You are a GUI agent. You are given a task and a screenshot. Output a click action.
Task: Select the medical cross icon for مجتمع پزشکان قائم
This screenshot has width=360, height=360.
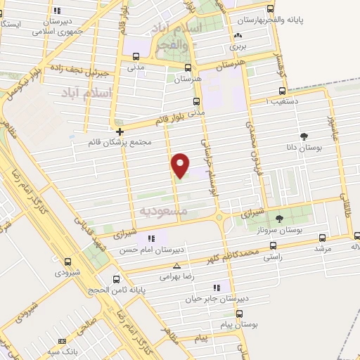point(120,131)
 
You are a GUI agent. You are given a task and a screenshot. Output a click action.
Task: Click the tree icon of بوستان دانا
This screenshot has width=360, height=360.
point(304,136)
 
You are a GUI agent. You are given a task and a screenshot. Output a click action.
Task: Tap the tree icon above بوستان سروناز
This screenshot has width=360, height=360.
point(280,219)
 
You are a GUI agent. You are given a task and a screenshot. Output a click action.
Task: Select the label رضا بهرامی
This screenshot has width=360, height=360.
point(176,276)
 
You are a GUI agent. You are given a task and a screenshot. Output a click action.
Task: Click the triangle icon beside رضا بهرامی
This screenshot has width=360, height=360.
point(176,266)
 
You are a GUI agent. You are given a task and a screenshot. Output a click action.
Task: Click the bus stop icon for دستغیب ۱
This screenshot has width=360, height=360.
point(282,91)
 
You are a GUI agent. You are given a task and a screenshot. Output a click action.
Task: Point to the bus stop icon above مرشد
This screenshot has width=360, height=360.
point(322,238)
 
